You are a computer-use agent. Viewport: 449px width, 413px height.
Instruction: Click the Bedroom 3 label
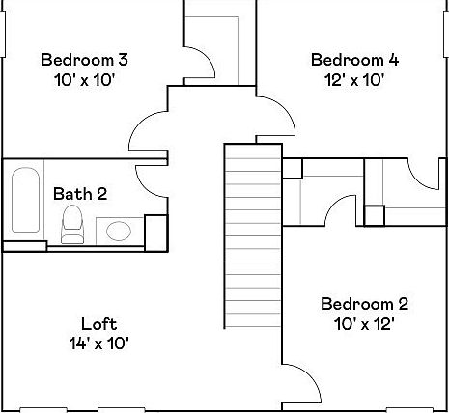click(x=84, y=60)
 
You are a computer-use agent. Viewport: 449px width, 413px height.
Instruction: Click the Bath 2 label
click(x=79, y=194)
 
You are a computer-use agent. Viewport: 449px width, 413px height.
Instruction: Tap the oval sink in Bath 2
click(x=119, y=231)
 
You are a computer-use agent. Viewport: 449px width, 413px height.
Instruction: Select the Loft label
click(x=98, y=323)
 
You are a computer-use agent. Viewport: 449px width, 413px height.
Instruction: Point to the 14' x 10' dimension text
click(x=98, y=343)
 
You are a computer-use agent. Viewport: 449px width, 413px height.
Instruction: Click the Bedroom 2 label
click(x=357, y=304)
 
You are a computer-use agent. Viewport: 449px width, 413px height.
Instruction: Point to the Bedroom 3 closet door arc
click(x=200, y=63)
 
